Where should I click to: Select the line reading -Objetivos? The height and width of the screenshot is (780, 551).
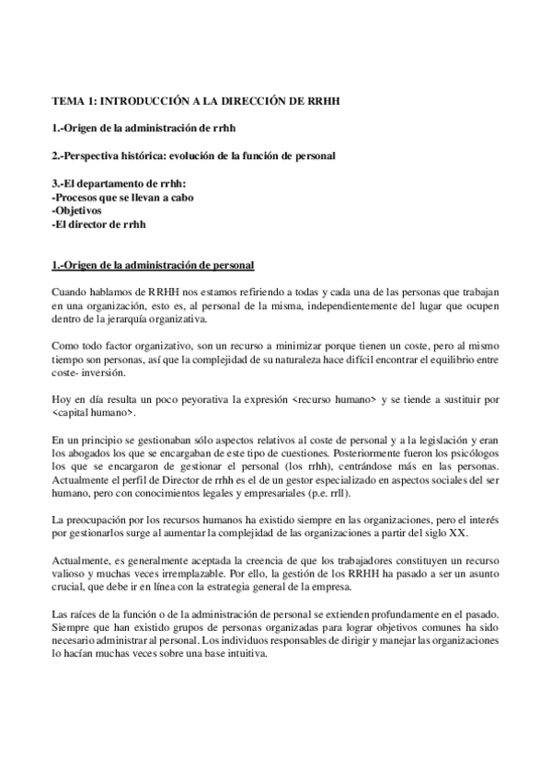tap(77, 211)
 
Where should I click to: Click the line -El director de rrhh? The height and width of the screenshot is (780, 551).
tap(100, 224)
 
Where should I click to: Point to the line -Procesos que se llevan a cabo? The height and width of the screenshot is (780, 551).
tap(123, 197)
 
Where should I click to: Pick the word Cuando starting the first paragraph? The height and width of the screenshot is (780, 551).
tap(72, 292)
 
